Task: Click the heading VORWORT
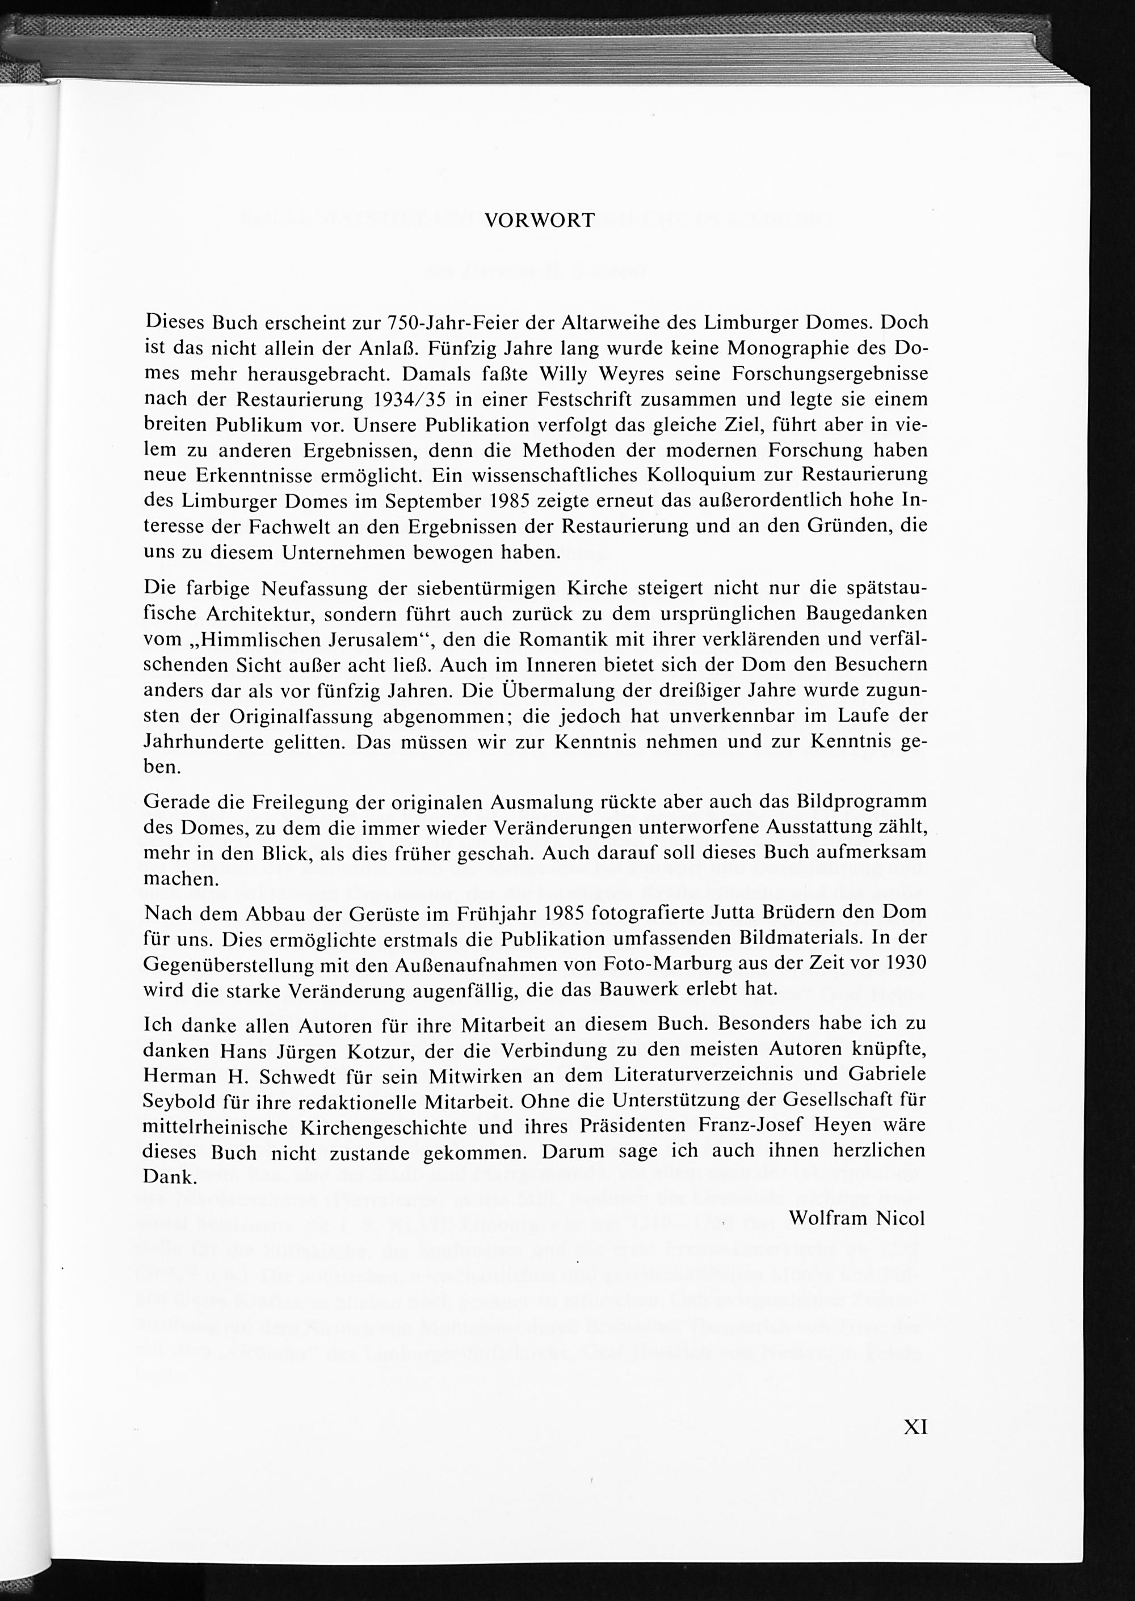tap(540, 221)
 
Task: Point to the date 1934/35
tap(407, 399)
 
